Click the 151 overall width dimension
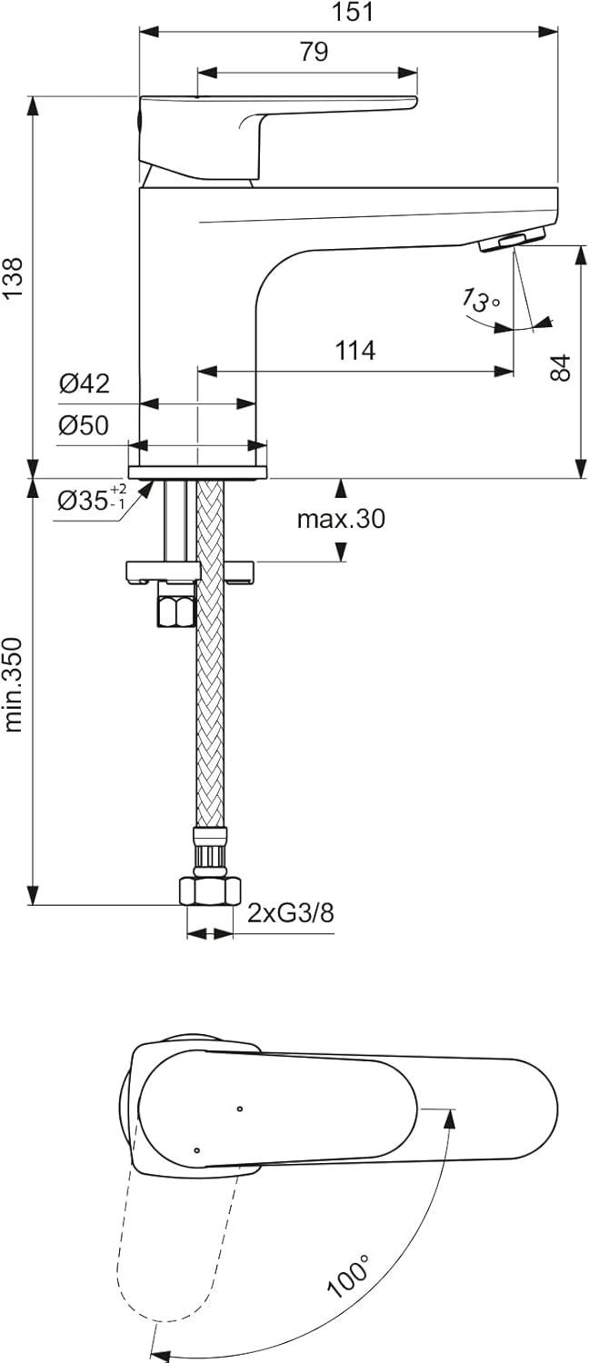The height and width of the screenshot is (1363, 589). point(354,12)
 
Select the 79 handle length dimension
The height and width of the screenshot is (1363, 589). point(314,52)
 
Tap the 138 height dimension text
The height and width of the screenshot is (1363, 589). point(13,278)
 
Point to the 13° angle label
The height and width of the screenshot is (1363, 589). point(480,299)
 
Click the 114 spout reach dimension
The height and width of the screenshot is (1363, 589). point(355,351)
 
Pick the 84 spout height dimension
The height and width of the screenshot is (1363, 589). point(561,367)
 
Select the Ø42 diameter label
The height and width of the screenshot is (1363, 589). point(84,384)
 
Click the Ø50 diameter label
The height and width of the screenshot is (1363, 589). point(84,426)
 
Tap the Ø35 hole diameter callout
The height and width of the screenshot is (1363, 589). point(93,500)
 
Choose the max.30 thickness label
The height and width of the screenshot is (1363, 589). point(342,519)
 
